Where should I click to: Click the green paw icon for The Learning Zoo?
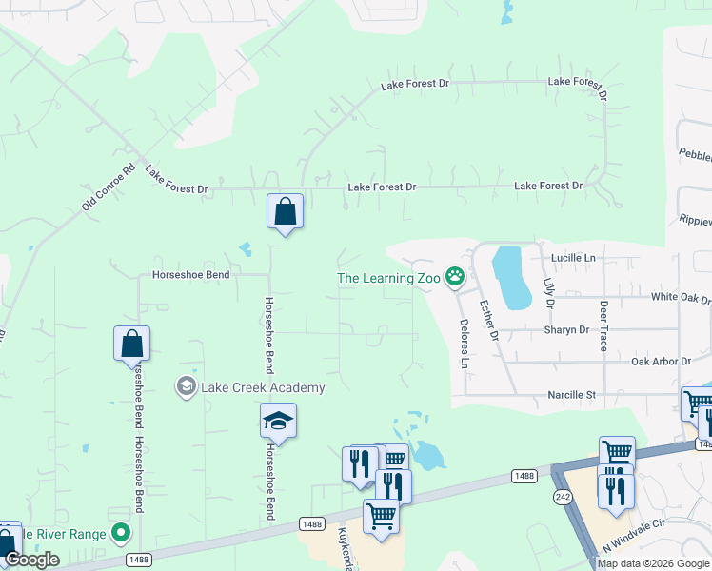[456, 277]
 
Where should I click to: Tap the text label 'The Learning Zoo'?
[390, 278]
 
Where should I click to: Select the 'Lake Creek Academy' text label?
[263, 387]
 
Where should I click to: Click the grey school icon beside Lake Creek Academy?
[186, 386]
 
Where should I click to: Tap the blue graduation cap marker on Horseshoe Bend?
[278, 420]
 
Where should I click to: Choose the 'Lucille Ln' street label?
[572, 258]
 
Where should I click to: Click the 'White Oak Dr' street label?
[681, 297]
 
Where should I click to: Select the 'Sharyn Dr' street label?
[566, 330]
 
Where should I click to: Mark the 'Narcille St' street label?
[570, 394]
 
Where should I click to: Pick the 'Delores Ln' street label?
[465, 344]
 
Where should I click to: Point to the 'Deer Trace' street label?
[603, 326]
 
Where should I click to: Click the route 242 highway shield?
[563, 496]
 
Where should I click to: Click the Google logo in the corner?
[31, 560]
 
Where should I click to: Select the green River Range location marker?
[120, 534]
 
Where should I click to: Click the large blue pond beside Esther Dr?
[510, 277]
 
